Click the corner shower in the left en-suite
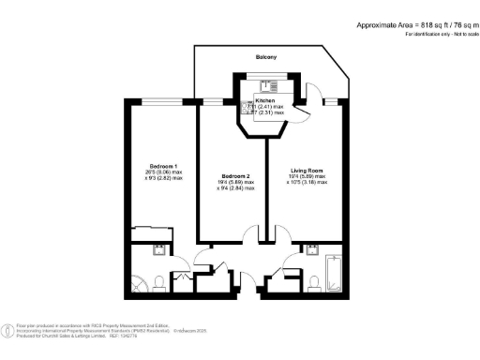(x=139, y=282)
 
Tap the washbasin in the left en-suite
(x=157, y=250)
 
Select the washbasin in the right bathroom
(x=310, y=250)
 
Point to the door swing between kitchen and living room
(x=302, y=111)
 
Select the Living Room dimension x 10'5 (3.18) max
(x=307, y=183)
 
